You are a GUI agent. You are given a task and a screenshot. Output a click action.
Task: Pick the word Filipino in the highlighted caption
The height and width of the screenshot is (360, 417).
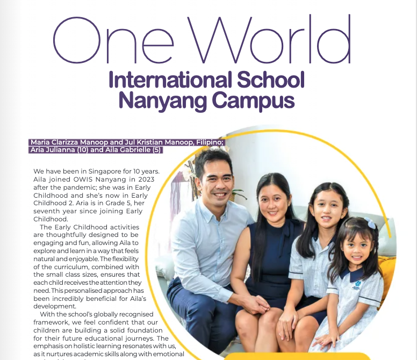[x=207, y=142]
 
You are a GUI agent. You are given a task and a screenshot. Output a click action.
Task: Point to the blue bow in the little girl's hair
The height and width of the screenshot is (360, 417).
[x=371, y=223]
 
